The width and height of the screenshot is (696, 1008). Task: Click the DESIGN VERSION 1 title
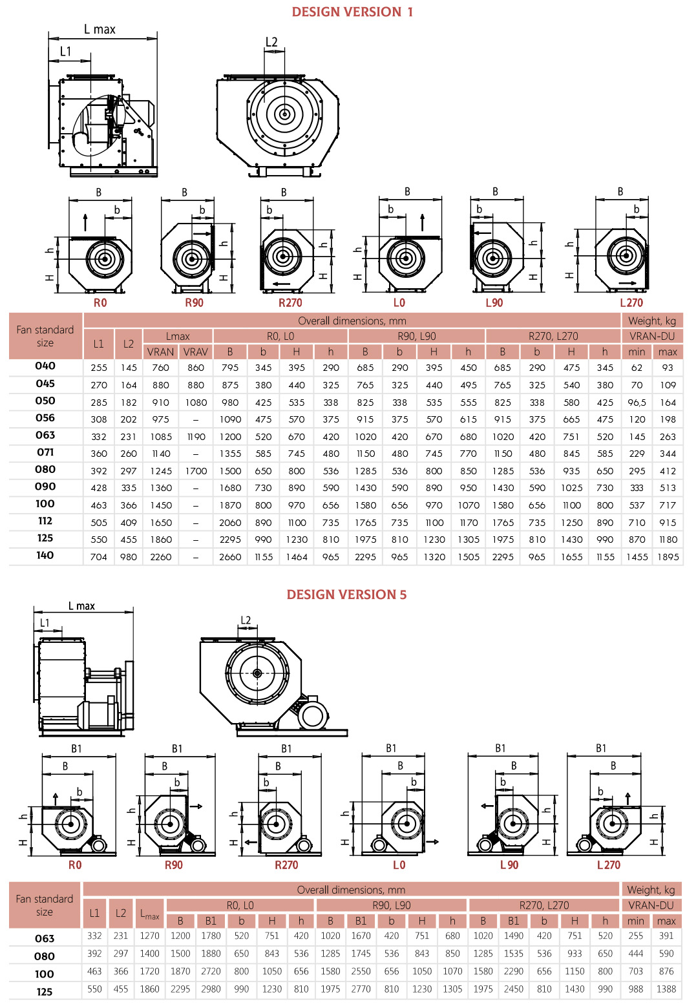point(352,12)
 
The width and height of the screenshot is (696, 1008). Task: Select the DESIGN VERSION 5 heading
point(346,594)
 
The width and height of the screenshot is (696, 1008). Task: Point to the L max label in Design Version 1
point(100,30)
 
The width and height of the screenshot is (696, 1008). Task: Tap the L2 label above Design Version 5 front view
point(246,620)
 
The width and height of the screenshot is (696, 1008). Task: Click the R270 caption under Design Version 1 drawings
point(290,303)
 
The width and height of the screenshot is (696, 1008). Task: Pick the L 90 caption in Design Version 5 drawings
point(509,865)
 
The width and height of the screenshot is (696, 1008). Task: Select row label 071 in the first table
point(45,452)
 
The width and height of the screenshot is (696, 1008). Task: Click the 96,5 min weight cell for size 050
point(637,403)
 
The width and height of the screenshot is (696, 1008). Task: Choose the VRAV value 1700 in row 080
point(196,471)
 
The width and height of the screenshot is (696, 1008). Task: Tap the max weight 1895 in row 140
point(668,557)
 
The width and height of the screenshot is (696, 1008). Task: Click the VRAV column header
point(195,352)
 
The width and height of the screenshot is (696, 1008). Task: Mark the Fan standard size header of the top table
point(45,336)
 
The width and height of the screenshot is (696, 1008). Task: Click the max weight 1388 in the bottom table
point(666,989)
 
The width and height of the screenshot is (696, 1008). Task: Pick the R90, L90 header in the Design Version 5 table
point(391,905)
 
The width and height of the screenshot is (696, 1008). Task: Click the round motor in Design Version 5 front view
point(312,717)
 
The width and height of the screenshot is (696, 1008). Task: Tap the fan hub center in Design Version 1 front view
point(284,114)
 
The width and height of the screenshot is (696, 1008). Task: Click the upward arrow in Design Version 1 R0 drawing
point(85,223)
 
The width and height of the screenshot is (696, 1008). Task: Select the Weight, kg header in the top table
point(651,320)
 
